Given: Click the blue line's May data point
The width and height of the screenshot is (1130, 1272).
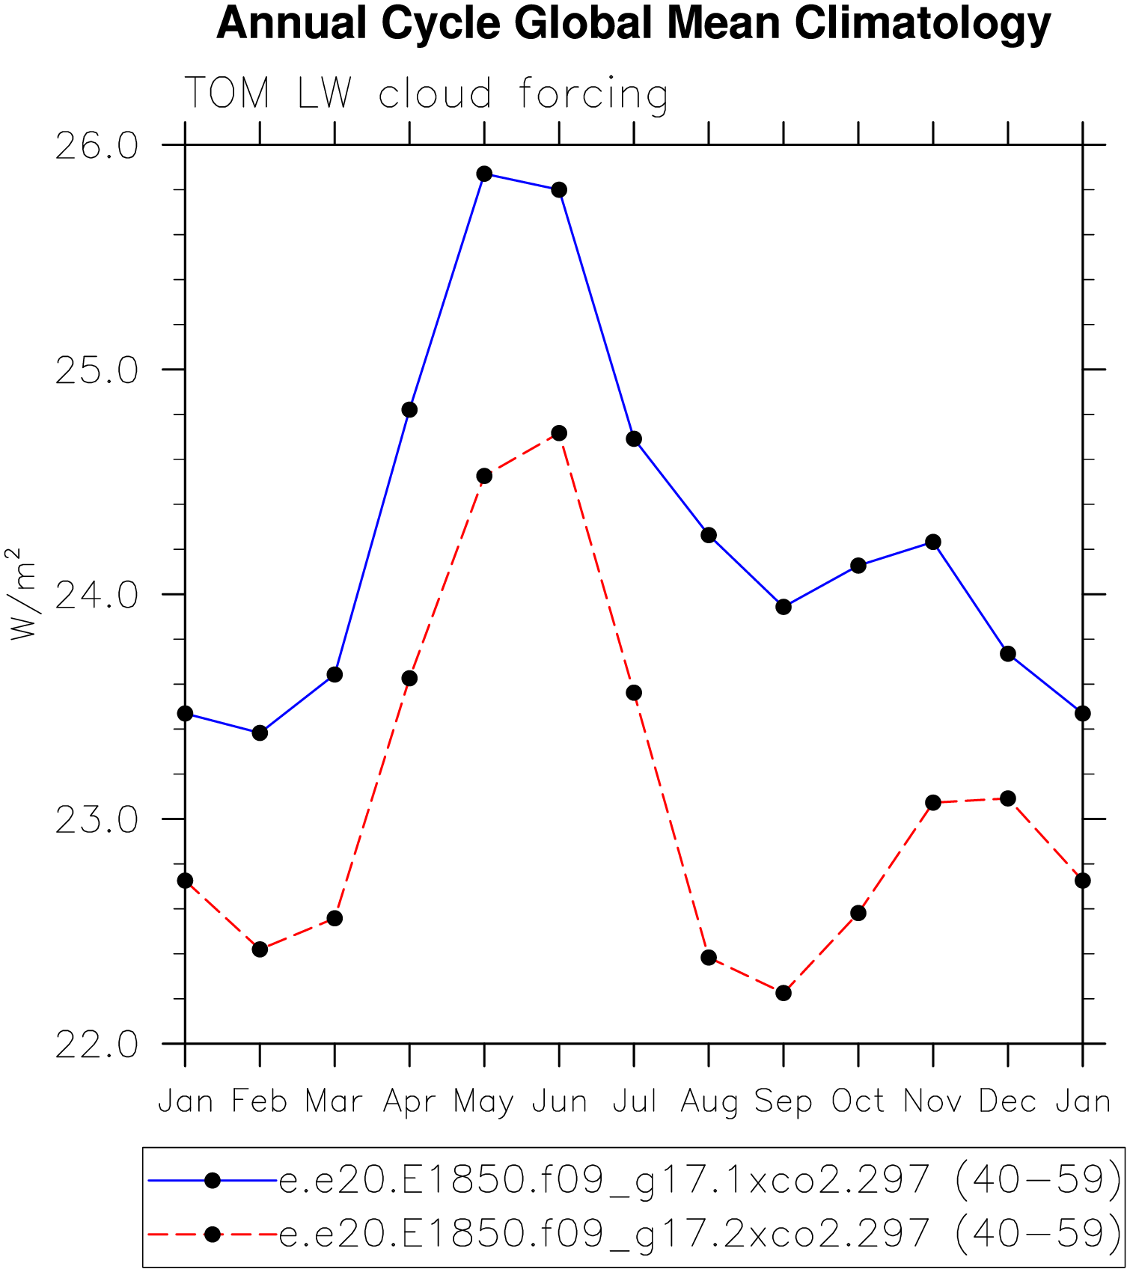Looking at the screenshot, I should click(484, 174).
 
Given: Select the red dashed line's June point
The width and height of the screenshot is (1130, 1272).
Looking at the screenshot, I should click(559, 433).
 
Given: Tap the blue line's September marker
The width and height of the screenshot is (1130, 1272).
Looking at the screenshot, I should click(784, 607).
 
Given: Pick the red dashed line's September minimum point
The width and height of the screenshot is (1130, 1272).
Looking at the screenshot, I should click(784, 993).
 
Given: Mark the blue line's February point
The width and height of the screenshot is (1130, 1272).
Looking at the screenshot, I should click(260, 733).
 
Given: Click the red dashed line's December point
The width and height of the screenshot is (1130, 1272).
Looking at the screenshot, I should click(1008, 798).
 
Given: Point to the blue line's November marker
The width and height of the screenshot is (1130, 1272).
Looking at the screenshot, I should click(933, 542).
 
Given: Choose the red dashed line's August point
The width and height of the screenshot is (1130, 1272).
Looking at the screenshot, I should click(709, 958).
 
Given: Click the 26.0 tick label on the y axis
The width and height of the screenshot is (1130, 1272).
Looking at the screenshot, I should click(97, 146).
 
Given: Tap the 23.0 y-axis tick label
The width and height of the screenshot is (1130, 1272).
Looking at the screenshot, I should click(97, 820).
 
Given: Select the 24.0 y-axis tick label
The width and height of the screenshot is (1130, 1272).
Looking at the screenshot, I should click(97, 596).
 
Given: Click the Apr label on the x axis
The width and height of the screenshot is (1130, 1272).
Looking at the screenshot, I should click(409, 1102).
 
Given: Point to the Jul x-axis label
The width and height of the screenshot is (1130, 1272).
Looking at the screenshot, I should click(634, 1102).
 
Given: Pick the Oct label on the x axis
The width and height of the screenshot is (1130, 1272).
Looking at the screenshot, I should click(858, 1102).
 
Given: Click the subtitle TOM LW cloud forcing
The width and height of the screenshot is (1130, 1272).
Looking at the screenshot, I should click(426, 94).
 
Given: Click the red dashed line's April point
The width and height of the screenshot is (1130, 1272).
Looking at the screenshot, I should click(409, 679).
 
